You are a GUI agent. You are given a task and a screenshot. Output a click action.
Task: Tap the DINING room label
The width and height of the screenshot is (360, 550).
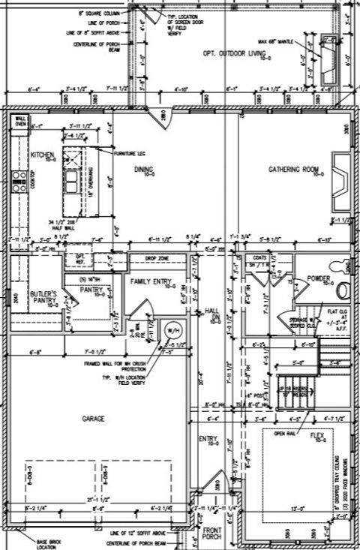[144, 170]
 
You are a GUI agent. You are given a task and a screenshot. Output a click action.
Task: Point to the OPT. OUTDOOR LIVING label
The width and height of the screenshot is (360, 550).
[234, 54]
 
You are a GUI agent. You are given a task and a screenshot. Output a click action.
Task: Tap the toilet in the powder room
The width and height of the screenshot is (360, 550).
[343, 289]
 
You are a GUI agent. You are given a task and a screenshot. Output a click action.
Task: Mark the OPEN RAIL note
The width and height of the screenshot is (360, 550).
[286, 433]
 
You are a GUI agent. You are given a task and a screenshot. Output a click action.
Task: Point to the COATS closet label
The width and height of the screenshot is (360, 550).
[260, 257]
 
